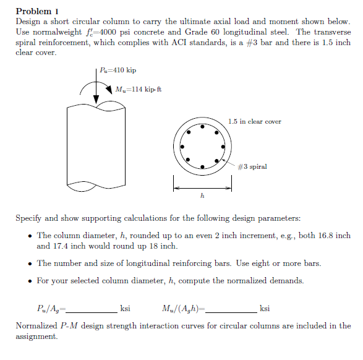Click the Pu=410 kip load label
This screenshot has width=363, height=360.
(118, 71)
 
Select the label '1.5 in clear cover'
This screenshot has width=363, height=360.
(254, 122)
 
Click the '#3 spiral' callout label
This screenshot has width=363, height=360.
(252, 167)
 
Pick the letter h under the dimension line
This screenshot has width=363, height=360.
(203, 195)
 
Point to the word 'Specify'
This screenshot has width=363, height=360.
(30, 218)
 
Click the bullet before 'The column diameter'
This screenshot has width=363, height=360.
(30, 236)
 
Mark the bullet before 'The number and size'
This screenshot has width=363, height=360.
(30, 263)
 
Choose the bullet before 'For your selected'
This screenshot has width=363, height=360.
(30, 281)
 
